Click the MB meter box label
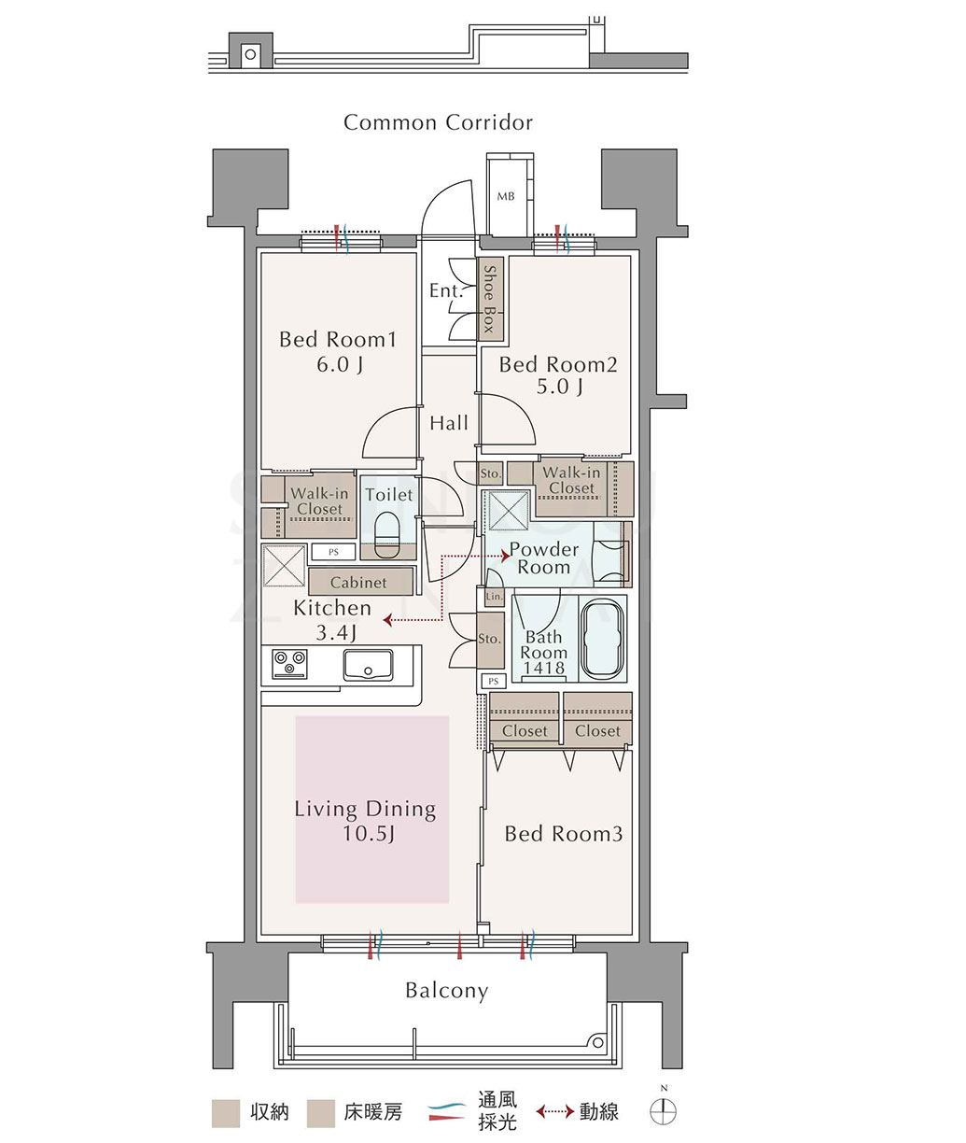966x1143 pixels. pyautogui.click(x=506, y=196)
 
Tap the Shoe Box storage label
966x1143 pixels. pyautogui.click(x=490, y=298)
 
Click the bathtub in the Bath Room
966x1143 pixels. pyautogui.click(x=603, y=641)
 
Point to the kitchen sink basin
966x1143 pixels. pyautogui.click(x=368, y=665)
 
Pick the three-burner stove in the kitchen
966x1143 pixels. pyautogui.click(x=289, y=664)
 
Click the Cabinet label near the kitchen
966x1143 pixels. pyautogui.click(x=358, y=583)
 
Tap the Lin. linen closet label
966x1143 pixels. pyautogui.click(x=495, y=597)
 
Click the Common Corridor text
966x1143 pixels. pyautogui.click(x=439, y=122)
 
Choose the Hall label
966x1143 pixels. pyautogui.click(x=449, y=423)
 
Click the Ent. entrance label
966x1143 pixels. pyautogui.click(x=446, y=290)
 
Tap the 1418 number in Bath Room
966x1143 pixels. pyautogui.click(x=544, y=668)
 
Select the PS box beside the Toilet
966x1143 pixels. pyautogui.click(x=333, y=552)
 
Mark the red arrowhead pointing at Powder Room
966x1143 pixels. pyautogui.click(x=505, y=556)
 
